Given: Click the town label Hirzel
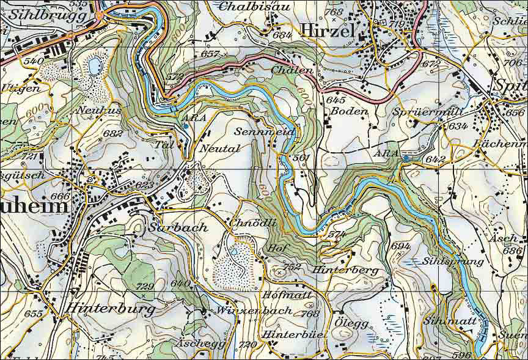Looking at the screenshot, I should [x=328, y=31].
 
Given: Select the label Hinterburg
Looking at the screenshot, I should [x=111, y=309].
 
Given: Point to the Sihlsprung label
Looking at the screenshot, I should [x=453, y=261].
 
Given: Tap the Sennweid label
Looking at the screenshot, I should [x=265, y=132].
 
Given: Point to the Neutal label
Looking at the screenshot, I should [x=219, y=148].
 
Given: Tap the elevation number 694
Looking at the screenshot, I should [x=401, y=246].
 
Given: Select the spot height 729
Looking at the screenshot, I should [x=145, y=287].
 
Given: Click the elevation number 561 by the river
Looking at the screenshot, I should [x=302, y=158].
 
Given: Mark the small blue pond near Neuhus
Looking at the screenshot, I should [x=95, y=64].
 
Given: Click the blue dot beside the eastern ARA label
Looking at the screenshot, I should [x=405, y=159].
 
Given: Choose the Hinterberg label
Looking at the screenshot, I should [x=345, y=270].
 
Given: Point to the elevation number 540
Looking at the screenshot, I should [x=33, y=61].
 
